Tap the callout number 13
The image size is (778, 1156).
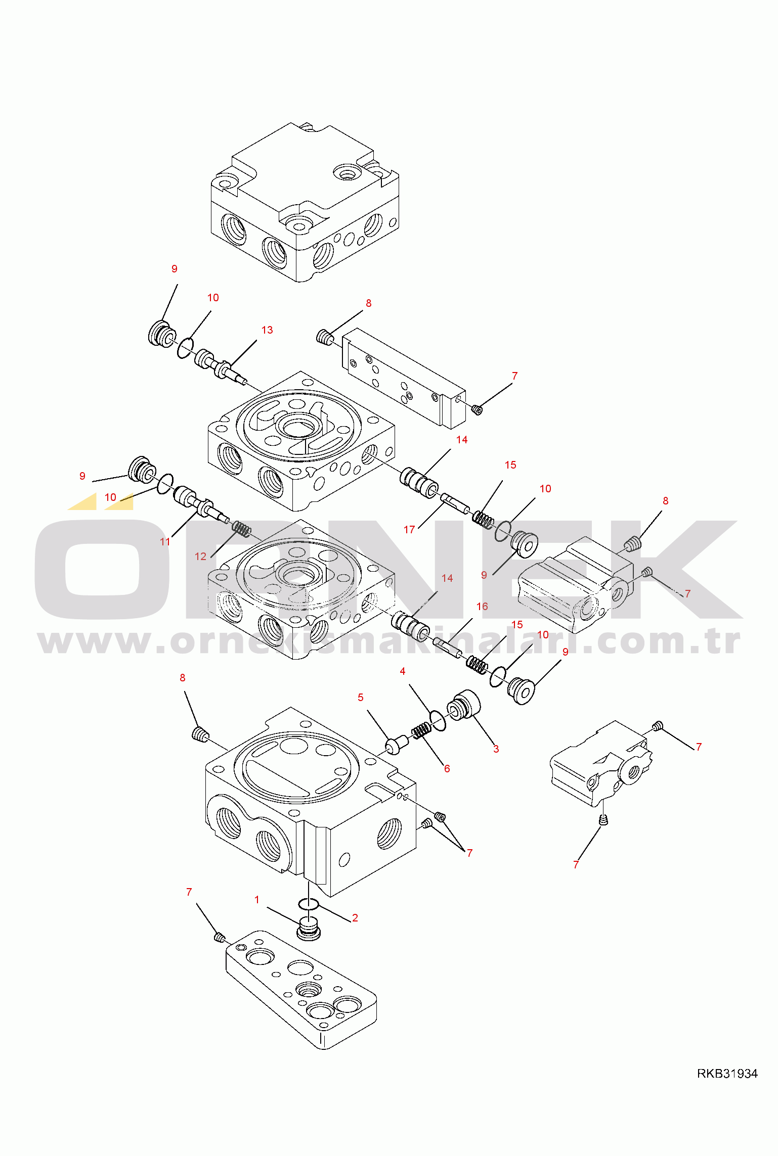(267, 330)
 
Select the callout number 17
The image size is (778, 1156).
(409, 530)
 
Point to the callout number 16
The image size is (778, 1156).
(482, 607)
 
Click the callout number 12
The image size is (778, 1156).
(201, 557)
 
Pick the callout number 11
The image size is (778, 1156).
(165, 542)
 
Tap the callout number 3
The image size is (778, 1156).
(496, 749)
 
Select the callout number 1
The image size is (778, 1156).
(257, 900)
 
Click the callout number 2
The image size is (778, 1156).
(355, 918)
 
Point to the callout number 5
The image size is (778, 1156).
(361, 698)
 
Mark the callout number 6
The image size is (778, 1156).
(447, 769)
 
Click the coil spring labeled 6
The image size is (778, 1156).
(421, 730)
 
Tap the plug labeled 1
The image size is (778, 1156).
(308, 929)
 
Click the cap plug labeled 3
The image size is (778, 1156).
(464, 706)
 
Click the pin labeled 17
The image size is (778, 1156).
(455, 505)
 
